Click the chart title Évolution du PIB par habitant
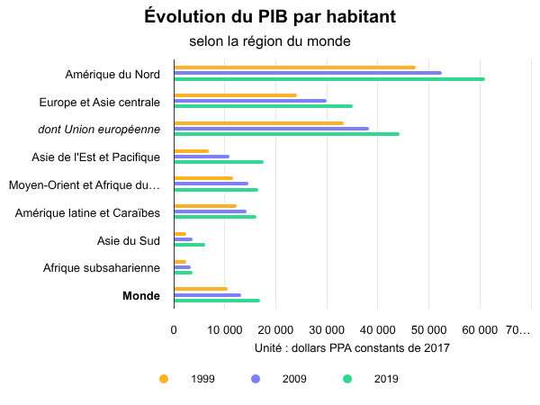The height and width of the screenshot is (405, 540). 269,17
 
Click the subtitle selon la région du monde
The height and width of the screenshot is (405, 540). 269,41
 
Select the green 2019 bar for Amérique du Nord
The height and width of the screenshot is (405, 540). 329,79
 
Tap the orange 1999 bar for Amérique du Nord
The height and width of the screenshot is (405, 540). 294,67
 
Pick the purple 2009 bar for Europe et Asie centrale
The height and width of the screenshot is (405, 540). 250,101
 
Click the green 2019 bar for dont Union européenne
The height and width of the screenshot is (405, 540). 286,134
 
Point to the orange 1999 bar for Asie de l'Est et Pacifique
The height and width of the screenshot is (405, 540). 191,151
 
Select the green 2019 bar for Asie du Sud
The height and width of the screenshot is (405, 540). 189,245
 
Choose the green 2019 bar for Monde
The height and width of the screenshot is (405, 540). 217,301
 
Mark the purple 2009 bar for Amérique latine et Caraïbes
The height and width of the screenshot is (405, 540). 210,211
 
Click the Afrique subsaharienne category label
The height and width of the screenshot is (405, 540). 102,267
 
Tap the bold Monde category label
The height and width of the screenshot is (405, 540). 141,295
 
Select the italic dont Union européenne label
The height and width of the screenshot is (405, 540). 99,130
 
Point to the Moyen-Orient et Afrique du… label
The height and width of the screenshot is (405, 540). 84,185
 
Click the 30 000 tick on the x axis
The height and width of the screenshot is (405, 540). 327,329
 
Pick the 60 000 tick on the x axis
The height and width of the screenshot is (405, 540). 480,329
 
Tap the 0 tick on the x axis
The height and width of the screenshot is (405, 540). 174,329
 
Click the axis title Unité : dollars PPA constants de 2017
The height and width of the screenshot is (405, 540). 352,347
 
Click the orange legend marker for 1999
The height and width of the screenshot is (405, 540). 163,379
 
